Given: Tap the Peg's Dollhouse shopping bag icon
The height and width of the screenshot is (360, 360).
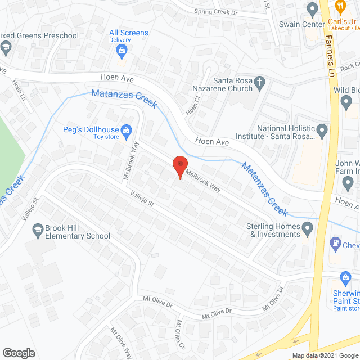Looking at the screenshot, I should point(127,132).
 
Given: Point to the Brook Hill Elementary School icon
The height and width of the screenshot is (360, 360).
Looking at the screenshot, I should point(38,228).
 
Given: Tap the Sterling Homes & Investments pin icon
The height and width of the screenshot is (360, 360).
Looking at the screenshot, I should point(307,228).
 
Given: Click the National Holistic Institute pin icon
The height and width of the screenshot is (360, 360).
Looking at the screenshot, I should point(322,132).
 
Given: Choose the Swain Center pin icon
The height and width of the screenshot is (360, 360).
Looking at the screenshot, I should point(313,8).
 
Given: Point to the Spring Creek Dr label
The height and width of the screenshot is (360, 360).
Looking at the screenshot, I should point(216,12).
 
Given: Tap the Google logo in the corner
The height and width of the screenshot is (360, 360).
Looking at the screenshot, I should point(18,353).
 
